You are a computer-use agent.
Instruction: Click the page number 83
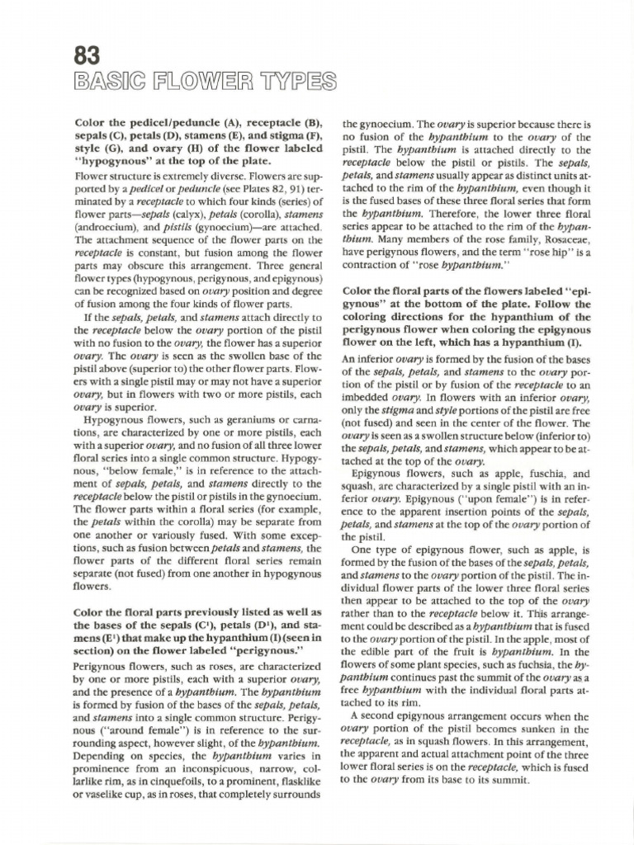(x=87, y=55)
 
